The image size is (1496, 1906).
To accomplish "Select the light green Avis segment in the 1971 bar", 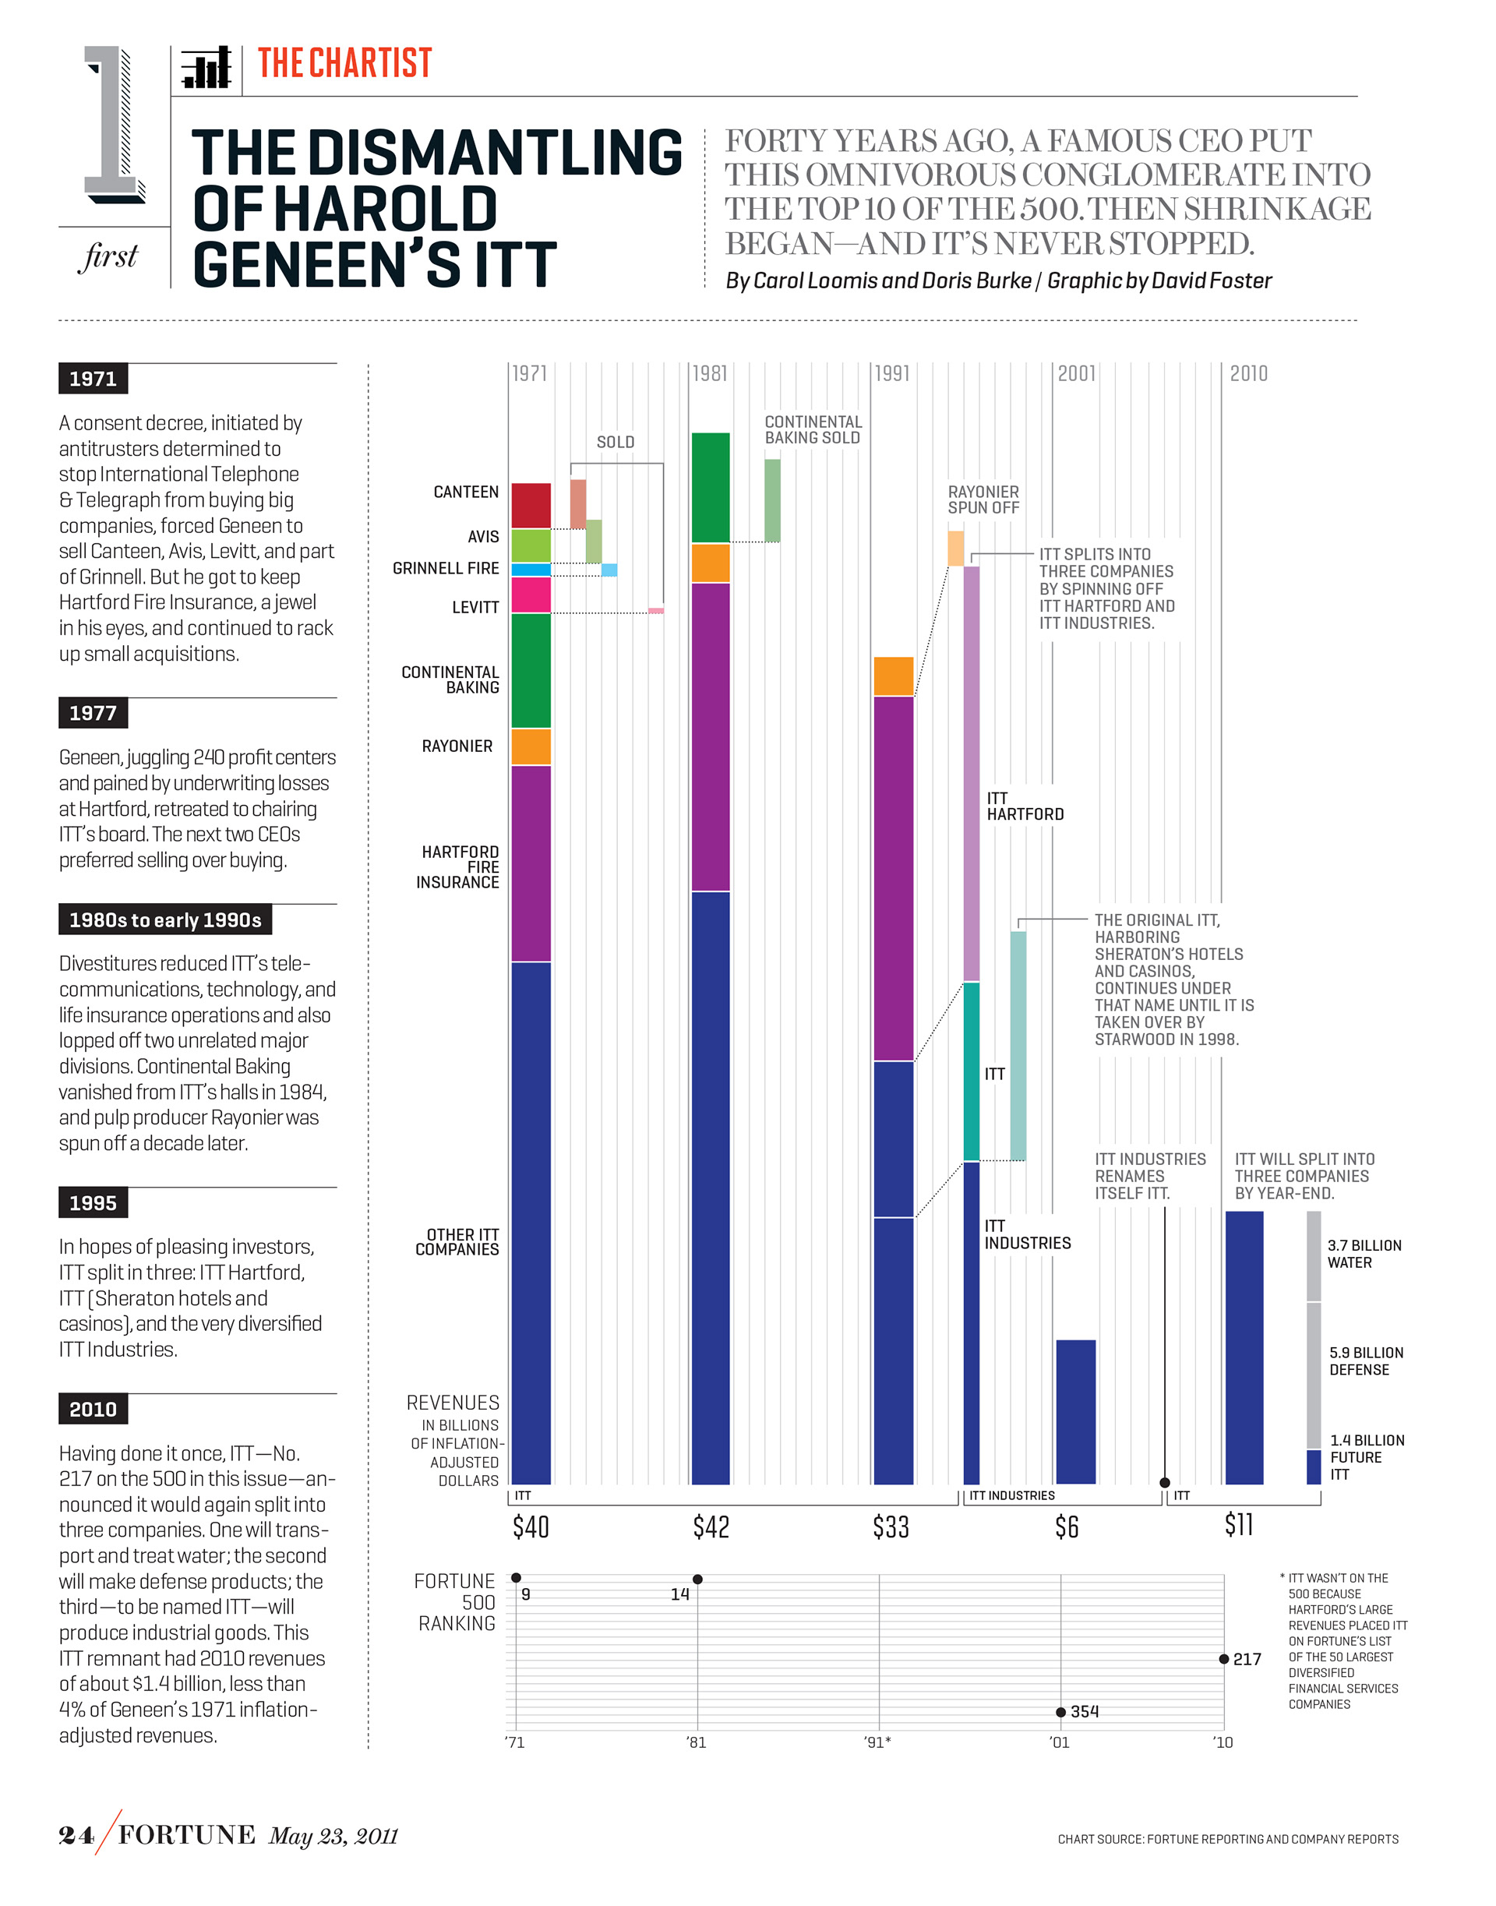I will (x=531, y=545).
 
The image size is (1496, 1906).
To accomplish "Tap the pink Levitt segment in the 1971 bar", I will (x=531, y=595).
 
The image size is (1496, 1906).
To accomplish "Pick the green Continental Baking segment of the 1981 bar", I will (x=711, y=487).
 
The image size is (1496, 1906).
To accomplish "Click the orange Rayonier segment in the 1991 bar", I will (x=894, y=676).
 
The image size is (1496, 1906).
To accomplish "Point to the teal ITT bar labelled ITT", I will (x=972, y=1071).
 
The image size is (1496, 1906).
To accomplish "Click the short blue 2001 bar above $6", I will (x=1075, y=1411).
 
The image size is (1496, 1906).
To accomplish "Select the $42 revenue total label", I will (x=711, y=1527).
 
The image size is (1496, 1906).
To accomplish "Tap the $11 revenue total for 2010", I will (x=1239, y=1525).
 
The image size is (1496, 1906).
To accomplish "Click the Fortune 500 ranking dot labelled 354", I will (x=1060, y=1711).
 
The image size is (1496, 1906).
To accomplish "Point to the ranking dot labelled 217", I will (x=1223, y=1659).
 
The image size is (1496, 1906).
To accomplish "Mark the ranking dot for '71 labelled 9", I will (x=516, y=1577).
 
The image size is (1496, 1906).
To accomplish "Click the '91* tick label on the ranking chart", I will (x=877, y=1742).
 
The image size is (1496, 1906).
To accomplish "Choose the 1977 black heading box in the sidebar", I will (x=93, y=713).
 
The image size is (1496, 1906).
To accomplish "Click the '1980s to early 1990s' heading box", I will (x=164, y=919).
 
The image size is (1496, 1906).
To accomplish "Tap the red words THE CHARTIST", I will (x=344, y=63).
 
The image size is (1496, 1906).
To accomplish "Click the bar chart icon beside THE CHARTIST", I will (x=206, y=68).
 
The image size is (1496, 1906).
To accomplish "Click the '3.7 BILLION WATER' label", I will (x=1364, y=1254).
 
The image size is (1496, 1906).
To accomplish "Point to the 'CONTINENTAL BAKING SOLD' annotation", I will (x=813, y=430).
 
